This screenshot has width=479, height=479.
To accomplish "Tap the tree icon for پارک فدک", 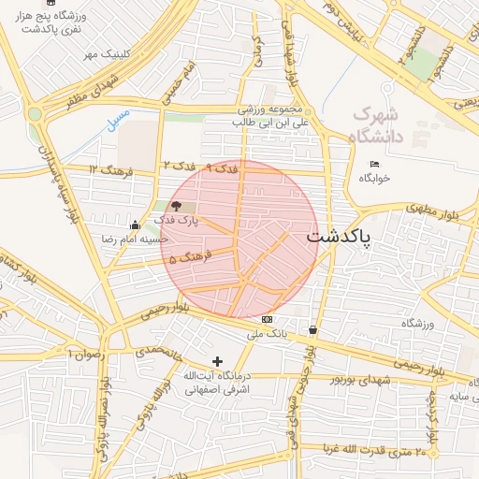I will [177, 206].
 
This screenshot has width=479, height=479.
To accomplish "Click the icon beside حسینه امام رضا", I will [136, 225].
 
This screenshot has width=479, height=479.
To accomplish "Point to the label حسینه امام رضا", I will [135, 239].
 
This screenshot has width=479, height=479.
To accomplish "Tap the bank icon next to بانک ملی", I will [268, 319].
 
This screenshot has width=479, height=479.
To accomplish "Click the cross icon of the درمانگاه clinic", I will [218, 361].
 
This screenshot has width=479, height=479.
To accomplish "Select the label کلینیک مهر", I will [102, 54].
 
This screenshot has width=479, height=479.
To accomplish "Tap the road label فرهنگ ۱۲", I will [112, 170].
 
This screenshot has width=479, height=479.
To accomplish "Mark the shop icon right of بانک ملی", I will [312, 329].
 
